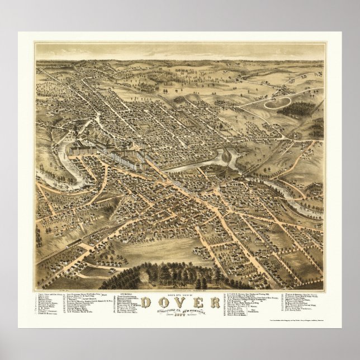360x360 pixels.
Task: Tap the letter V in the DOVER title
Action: (179, 303)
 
